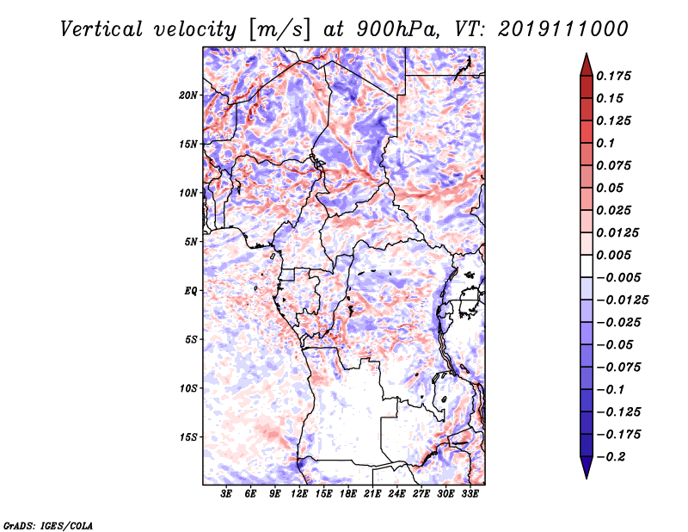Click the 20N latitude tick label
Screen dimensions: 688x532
(x=187, y=96)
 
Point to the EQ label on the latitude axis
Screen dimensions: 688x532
(x=191, y=291)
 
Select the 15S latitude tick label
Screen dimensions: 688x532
(x=187, y=437)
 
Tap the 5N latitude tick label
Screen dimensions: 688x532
(x=190, y=242)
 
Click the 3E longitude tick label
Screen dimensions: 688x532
(x=226, y=494)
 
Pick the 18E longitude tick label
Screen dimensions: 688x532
(x=348, y=494)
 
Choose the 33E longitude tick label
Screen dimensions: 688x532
(x=470, y=494)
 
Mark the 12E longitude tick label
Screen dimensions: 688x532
(x=299, y=494)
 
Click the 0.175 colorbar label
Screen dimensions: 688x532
(x=613, y=76)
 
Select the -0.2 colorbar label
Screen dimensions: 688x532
(x=611, y=457)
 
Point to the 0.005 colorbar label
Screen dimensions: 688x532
(x=613, y=255)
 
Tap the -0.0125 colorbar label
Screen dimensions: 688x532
(x=622, y=300)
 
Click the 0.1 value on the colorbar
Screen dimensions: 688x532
(x=605, y=143)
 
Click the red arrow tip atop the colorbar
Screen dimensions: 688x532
(x=587, y=54)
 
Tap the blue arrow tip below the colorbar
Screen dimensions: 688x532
(x=587, y=478)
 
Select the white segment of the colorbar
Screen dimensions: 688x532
(x=587, y=266)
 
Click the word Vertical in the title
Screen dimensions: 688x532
(x=101, y=29)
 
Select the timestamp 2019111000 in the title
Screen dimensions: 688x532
(x=563, y=29)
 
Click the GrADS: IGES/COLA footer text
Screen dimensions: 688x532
(x=47, y=526)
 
